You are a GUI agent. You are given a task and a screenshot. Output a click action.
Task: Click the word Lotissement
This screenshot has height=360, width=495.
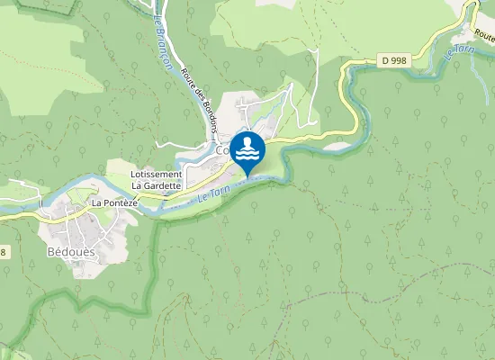pyautogui.click(x=157, y=174)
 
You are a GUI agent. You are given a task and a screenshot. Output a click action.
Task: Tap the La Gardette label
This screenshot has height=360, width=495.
pyautogui.click(x=157, y=185)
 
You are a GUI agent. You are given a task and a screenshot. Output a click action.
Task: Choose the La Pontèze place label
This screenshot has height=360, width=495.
pyautogui.click(x=113, y=203)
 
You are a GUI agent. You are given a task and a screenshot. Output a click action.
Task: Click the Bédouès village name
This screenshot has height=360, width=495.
pyautogui.click(x=70, y=251)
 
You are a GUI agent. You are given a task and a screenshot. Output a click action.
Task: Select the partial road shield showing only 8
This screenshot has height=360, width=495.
pyautogui.click(x=3, y=252)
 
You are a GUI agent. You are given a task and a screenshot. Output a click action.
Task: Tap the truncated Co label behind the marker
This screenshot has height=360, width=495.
pyautogui.click(x=222, y=151)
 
